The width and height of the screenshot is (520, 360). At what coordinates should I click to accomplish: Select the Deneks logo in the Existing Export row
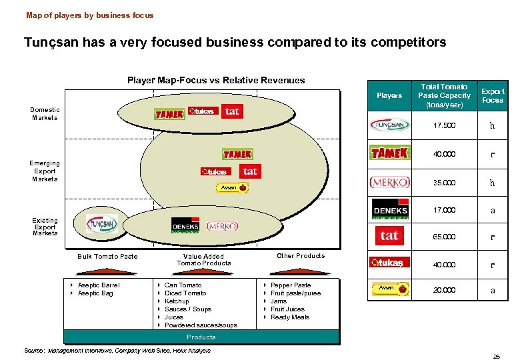[185, 226]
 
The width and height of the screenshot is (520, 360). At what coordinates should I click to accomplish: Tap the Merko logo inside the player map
[223, 226]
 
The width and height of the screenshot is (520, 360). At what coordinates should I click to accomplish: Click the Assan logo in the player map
[234, 188]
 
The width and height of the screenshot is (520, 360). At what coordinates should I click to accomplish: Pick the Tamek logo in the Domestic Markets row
[169, 113]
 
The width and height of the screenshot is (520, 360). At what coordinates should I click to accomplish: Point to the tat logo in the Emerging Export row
[250, 171]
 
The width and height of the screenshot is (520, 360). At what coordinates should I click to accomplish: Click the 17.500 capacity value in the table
[444, 125]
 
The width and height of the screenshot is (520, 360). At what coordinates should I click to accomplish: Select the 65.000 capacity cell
[444, 237]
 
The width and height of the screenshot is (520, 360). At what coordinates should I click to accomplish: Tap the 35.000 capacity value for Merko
[444, 182]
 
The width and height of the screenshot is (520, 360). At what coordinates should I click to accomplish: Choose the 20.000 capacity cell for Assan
[444, 290]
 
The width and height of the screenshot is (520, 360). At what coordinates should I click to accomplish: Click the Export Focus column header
[493, 95]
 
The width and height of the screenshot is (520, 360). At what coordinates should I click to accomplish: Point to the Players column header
[389, 95]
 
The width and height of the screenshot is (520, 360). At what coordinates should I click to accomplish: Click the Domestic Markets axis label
[45, 113]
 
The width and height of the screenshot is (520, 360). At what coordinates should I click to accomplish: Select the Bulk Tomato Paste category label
[107, 256]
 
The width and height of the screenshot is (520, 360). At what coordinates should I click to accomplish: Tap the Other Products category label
[301, 255]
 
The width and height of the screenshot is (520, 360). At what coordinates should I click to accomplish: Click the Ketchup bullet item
[177, 301]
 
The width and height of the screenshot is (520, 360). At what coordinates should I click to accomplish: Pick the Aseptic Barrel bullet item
[99, 285]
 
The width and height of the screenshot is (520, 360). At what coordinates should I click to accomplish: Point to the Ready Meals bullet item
[290, 317]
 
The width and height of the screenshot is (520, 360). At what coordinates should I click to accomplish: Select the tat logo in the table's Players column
[389, 235]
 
